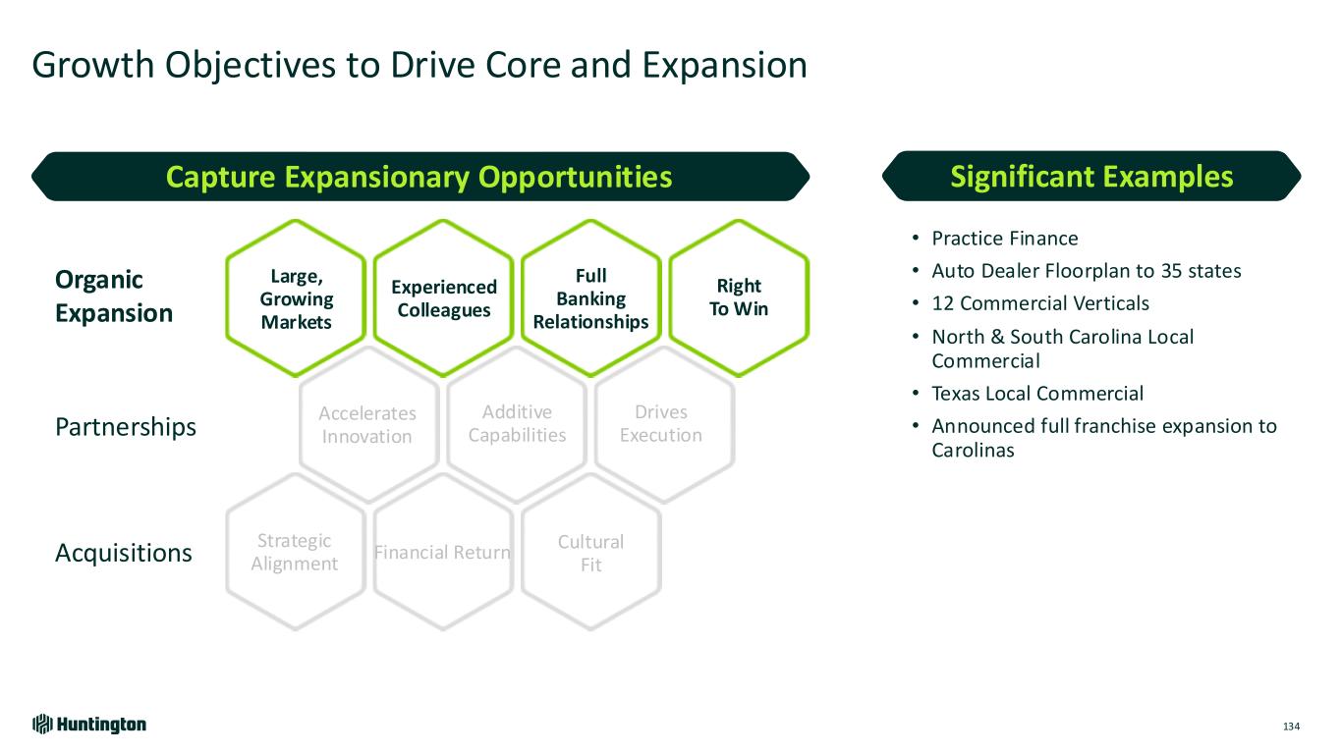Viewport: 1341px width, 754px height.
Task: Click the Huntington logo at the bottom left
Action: tap(89, 725)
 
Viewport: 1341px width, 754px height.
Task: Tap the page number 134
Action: tap(1291, 727)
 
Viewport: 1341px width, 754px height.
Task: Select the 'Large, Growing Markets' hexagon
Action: tap(296, 297)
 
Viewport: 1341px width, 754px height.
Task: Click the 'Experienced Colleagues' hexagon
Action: tap(444, 297)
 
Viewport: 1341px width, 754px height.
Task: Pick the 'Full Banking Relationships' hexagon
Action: tap(590, 297)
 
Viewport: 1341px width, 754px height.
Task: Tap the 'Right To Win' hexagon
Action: tap(739, 297)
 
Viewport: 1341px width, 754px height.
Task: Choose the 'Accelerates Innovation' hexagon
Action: tap(367, 424)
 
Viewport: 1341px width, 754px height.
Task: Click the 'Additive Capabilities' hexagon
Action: tap(517, 423)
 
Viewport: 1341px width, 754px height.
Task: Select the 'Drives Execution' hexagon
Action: tap(661, 423)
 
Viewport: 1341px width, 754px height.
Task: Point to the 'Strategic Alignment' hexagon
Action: tap(295, 552)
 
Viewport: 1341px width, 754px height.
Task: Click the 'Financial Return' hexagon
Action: tap(443, 552)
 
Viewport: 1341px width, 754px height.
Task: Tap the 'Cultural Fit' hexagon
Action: tap(590, 553)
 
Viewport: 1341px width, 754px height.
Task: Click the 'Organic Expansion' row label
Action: tap(114, 296)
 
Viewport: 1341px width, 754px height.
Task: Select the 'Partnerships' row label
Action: tap(126, 428)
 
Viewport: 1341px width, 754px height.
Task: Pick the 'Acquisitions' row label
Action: tap(124, 554)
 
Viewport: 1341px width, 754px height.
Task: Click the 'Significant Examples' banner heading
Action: tap(1091, 177)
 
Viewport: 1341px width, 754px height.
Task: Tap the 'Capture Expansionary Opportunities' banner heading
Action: tap(419, 177)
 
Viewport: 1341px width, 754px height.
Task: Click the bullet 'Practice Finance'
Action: tap(1004, 239)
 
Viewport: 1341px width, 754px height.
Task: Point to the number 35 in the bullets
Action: tap(1135, 271)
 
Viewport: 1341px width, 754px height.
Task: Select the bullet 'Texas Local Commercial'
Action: tap(1037, 394)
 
